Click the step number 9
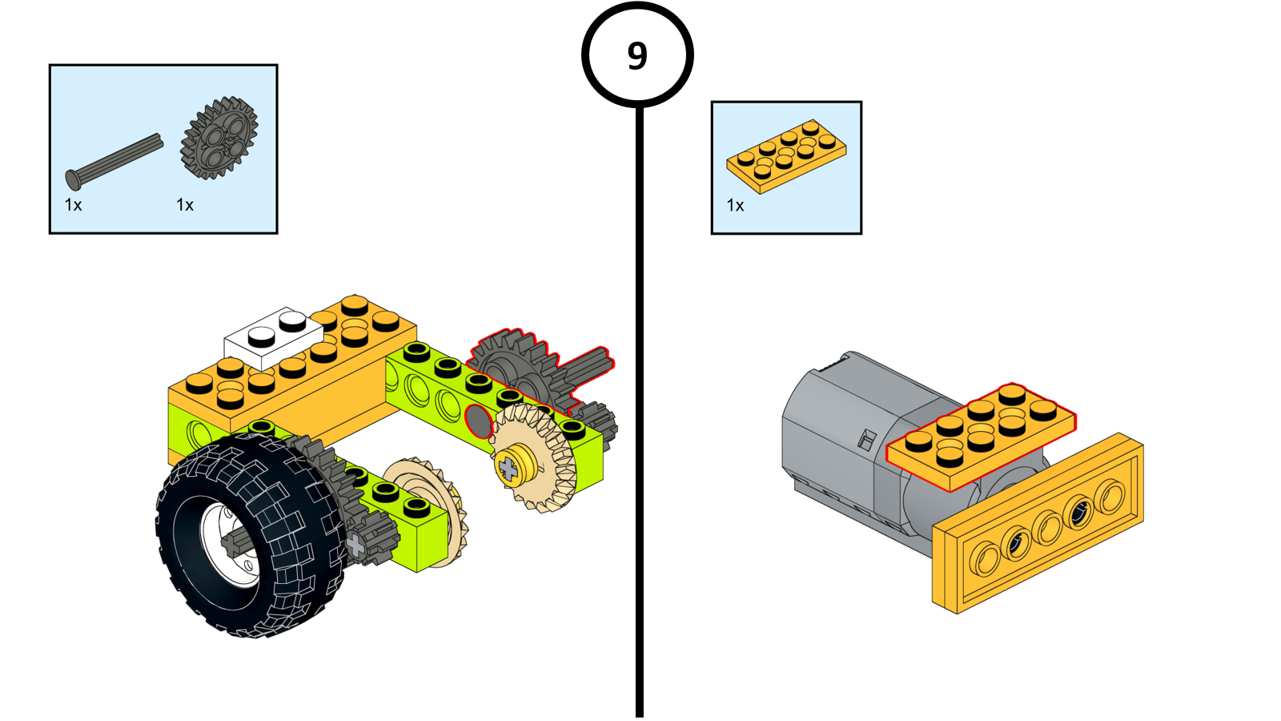pos(637,56)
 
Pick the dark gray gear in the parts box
pos(219,138)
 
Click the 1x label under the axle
pos(73,205)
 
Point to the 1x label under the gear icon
pos(185,205)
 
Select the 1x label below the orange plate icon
pos(735,206)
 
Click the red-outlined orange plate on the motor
pos(981,433)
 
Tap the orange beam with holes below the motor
pos(1041,529)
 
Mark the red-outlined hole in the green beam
pos(478,421)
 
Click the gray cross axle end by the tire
pos(355,546)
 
